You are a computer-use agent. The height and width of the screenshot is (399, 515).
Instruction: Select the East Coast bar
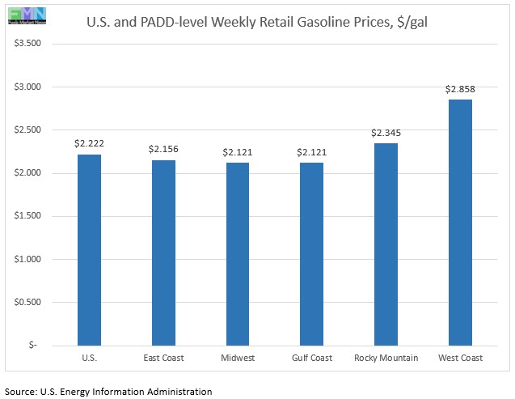(163, 253)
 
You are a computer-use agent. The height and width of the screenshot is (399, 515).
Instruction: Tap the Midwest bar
(237, 254)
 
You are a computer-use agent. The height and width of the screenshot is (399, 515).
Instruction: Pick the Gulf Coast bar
(311, 254)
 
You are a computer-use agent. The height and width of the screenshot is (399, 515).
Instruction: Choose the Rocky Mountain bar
(386, 244)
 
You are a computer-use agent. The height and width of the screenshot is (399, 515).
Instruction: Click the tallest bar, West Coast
(459, 223)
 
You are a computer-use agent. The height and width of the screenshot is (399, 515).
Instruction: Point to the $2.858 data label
(459, 88)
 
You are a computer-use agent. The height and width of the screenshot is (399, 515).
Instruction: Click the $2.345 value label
(386, 132)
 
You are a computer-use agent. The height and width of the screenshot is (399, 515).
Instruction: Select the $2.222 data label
(89, 143)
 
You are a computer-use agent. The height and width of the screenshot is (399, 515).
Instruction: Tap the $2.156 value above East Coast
(163, 149)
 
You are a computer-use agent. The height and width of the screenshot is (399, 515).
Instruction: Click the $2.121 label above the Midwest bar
(237, 152)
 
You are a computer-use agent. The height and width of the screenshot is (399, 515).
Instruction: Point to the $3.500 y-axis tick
(27, 44)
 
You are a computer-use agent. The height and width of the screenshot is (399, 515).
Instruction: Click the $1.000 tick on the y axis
(27, 259)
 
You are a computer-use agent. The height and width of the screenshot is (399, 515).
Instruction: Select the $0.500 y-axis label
(27, 302)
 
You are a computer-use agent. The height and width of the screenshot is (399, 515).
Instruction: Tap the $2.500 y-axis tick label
(27, 129)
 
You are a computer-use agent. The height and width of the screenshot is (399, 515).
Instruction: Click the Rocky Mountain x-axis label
(386, 357)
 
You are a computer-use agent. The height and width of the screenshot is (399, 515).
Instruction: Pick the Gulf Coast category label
(311, 357)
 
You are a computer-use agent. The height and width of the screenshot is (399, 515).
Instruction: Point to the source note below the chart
(108, 391)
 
